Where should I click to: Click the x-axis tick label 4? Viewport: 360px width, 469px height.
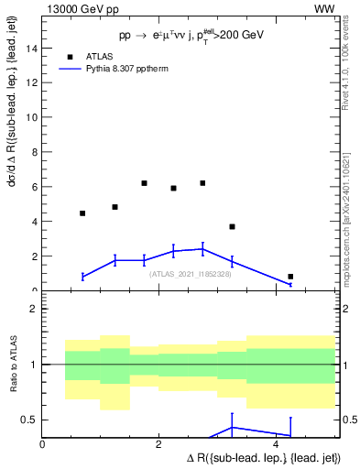click(x=277, y=444)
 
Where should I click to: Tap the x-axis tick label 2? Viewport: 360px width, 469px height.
click(x=159, y=444)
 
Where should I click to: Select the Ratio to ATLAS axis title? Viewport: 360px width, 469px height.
click(x=13, y=365)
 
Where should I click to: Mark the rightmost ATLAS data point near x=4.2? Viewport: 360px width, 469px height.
click(x=290, y=277)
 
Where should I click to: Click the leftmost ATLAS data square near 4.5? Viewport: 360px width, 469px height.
click(x=82, y=213)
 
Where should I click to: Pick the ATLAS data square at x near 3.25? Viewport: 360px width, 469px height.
click(x=232, y=226)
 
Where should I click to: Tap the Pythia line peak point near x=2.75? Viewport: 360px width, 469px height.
click(x=202, y=248)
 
